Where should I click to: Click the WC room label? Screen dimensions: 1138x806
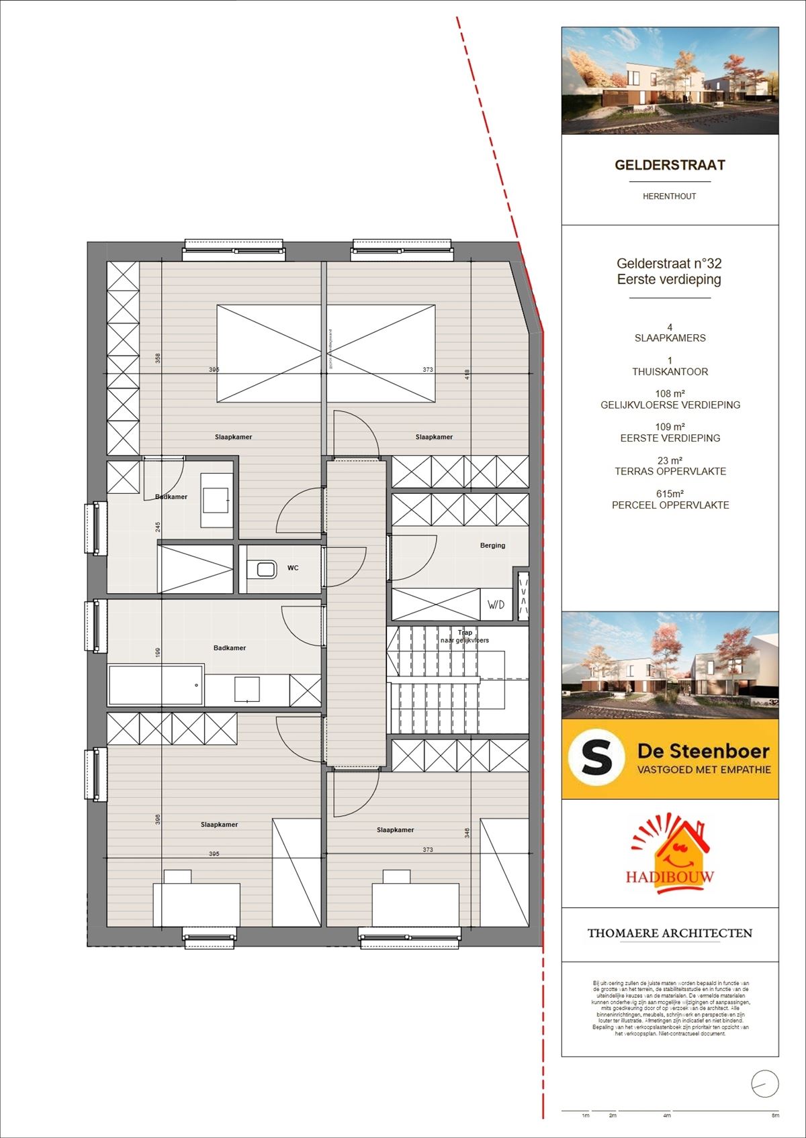293,568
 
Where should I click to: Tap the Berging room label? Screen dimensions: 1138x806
492,546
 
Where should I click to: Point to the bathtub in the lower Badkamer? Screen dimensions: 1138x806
156,685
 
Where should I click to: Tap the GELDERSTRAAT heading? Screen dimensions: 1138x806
670,165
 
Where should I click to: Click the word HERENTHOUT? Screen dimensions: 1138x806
670,197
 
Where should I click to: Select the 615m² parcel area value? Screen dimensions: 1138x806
670,494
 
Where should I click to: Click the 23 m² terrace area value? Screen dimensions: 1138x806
670,461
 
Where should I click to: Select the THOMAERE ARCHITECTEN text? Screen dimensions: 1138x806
670,933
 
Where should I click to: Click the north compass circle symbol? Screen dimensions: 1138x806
765,1084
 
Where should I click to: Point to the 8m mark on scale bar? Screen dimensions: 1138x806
775,1115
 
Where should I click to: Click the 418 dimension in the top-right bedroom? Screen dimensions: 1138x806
467,375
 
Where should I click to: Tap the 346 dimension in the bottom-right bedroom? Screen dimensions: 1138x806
467,833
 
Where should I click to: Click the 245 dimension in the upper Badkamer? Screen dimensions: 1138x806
158,527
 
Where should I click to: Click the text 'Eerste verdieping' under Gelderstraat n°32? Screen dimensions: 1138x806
669,280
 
